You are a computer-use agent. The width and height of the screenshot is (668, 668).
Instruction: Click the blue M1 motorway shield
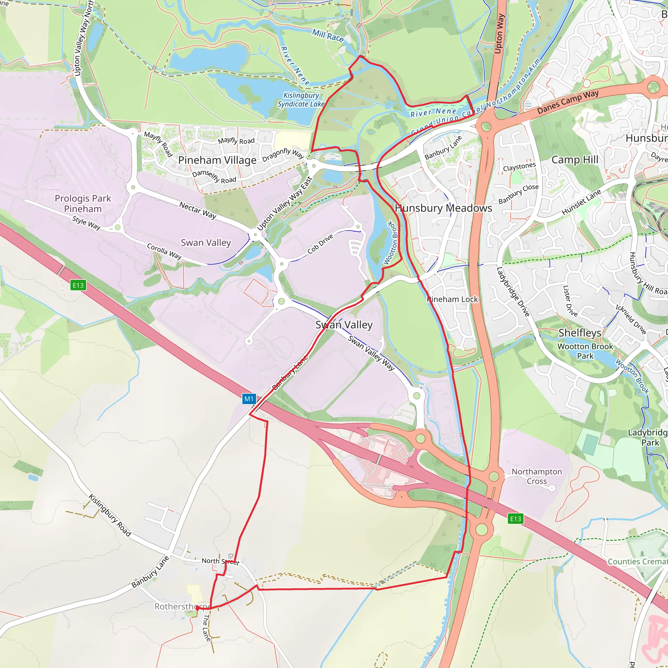tap(249, 399)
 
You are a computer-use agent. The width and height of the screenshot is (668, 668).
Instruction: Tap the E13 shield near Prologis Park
tap(78, 285)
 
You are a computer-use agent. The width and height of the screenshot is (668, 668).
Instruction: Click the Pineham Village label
tap(217, 160)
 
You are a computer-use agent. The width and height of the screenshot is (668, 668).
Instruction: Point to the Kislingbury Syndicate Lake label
tap(301, 99)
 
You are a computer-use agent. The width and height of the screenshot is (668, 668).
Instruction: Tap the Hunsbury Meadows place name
tap(443, 208)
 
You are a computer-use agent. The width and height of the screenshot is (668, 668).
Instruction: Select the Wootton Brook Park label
tap(585, 351)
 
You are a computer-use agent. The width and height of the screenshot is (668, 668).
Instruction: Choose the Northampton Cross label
tap(537, 476)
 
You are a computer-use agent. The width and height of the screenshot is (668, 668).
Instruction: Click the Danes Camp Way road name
tap(568, 102)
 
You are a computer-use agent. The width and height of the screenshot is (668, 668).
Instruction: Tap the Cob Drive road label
tap(320, 244)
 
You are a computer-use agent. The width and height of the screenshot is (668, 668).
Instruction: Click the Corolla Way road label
tap(164, 251)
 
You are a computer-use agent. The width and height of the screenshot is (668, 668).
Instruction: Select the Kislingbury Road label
tap(110, 515)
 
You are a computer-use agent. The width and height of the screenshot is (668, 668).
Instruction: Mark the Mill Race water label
tap(328, 36)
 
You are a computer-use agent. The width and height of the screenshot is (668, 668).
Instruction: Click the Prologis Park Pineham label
tap(83, 204)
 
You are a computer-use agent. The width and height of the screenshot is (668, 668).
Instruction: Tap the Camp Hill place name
tap(575, 160)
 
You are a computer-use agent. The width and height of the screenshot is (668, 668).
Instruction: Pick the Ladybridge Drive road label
tap(513, 292)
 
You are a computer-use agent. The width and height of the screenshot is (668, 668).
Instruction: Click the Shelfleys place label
tap(580, 333)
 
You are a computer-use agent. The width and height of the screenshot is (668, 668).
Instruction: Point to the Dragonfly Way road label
tap(283, 154)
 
